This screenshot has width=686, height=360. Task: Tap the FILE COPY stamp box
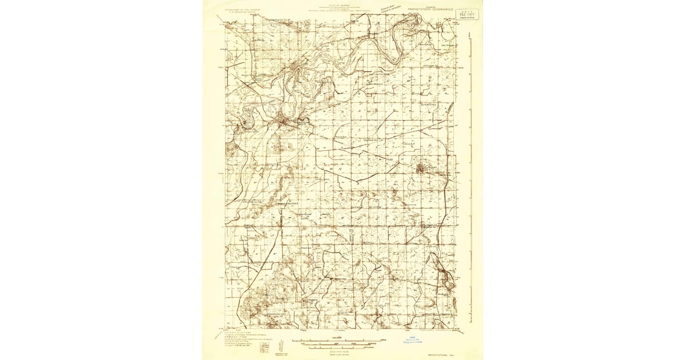click(x=468, y=13)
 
